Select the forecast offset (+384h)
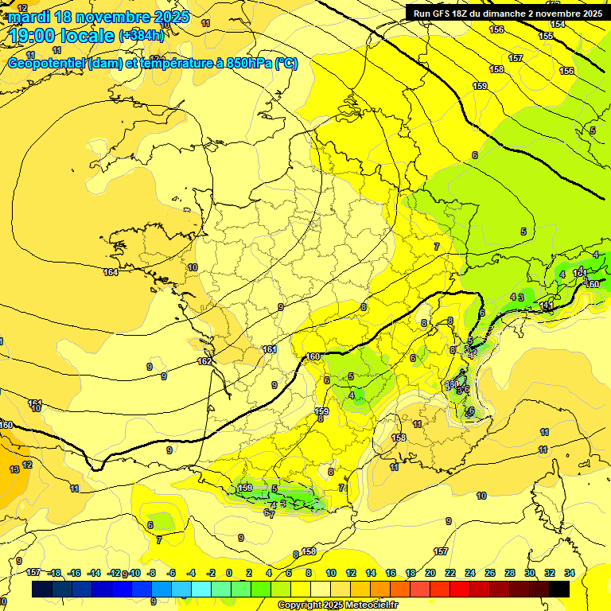(142, 35)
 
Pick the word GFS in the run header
(442, 13)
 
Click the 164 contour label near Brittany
(111, 273)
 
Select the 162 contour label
(204, 361)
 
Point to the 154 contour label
(558, 24)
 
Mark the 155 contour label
(546, 36)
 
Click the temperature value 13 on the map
(14, 469)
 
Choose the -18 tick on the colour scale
(54, 573)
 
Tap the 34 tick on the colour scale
(570, 573)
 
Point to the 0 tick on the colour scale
(230, 573)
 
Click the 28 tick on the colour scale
(510, 573)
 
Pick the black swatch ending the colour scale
(559, 589)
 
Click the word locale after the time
(85, 35)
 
